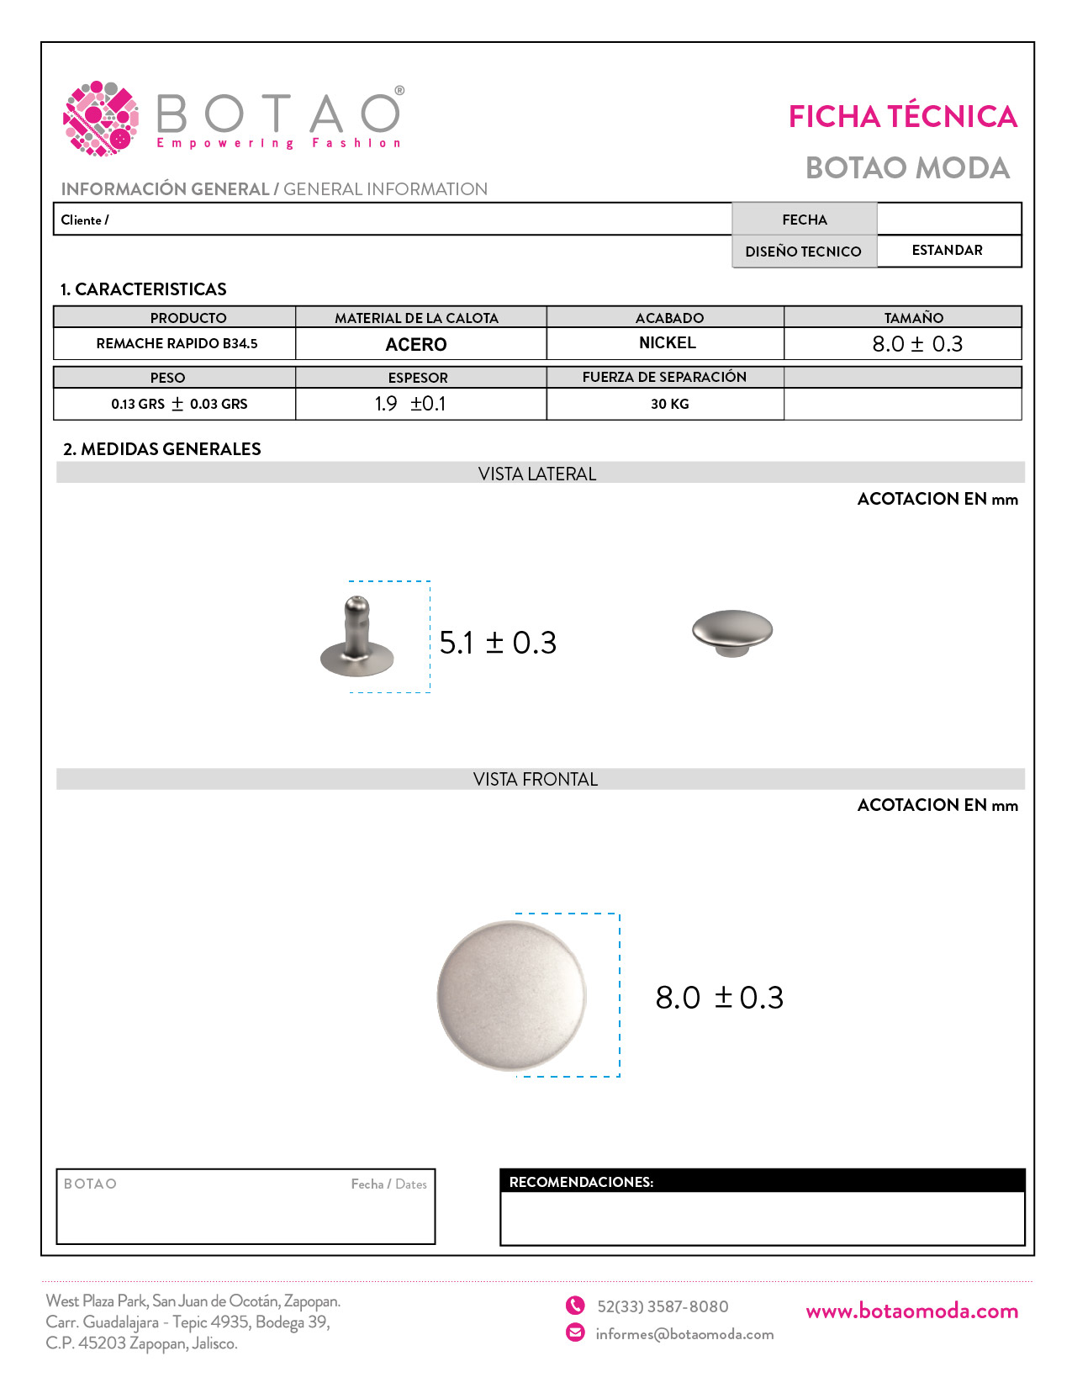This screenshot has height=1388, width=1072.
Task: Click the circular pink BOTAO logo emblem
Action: [101, 119]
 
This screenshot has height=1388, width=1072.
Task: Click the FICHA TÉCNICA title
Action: [902, 117]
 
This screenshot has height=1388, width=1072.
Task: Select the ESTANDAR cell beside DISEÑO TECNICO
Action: [947, 251]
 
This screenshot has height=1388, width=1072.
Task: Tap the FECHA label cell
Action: [804, 220]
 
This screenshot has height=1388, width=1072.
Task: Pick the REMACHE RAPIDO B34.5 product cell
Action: [177, 343]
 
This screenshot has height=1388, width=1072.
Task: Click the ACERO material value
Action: [416, 344]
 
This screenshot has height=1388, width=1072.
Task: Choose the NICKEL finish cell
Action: [667, 343]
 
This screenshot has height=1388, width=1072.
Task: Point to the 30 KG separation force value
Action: [669, 404]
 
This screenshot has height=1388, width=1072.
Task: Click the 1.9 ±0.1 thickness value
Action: [410, 404]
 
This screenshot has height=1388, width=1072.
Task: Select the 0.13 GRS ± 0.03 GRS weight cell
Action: [179, 404]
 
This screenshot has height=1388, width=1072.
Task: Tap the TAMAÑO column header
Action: [913, 318]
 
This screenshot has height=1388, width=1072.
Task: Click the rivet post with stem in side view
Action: [357, 638]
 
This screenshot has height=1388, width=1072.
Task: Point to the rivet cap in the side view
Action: [732, 632]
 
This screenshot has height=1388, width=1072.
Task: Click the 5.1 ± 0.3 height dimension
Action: [498, 643]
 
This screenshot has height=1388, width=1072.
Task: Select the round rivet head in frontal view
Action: [511, 996]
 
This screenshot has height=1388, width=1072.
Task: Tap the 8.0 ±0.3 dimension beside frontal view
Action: [719, 998]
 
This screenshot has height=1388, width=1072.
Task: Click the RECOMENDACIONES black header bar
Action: [762, 1181]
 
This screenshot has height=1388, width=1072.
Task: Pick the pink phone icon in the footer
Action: [575, 1306]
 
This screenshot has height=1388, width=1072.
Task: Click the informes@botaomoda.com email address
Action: [684, 1334]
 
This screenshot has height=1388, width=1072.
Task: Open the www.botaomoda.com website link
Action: [911, 1311]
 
